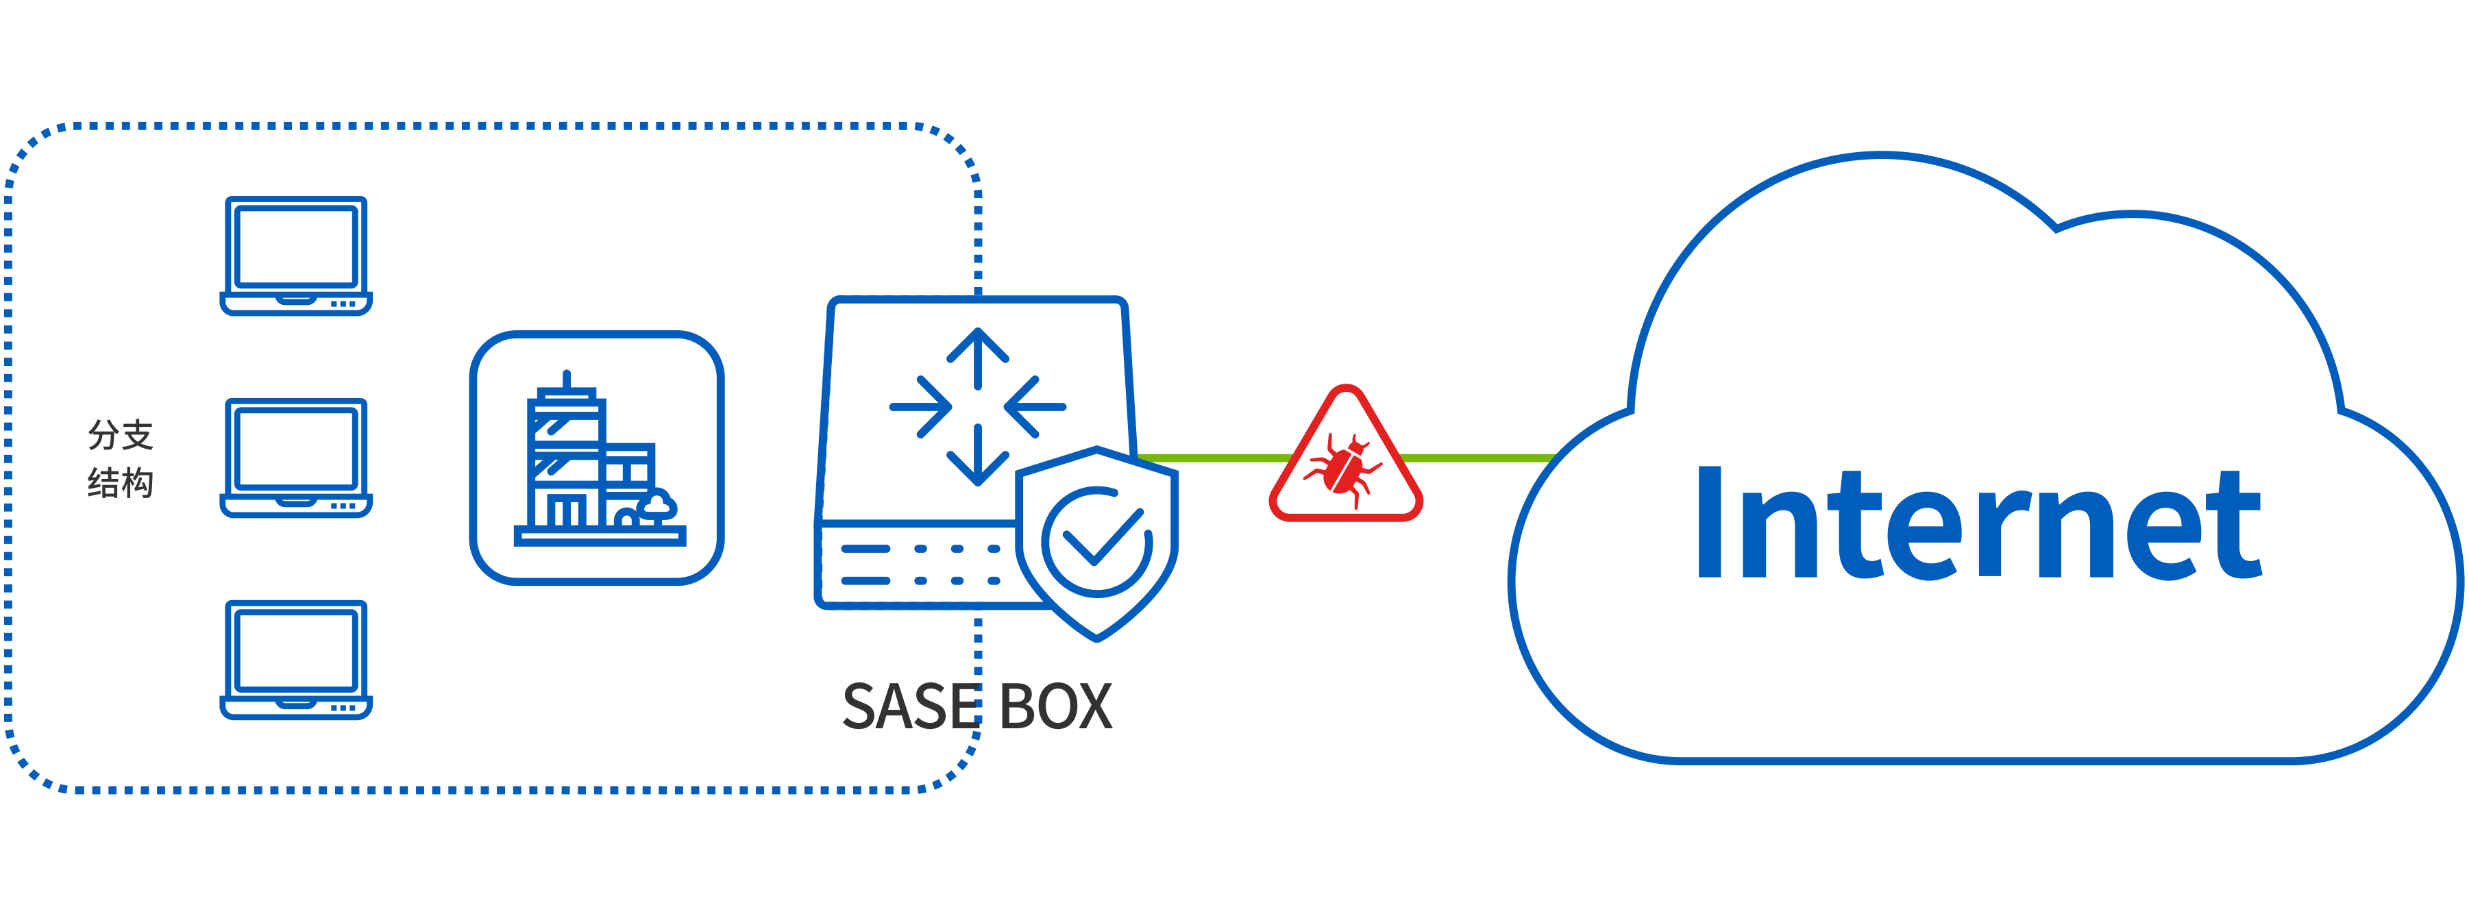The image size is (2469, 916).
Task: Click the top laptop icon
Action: (x=296, y=255)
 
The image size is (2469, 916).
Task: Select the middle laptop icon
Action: (x=296, y=457)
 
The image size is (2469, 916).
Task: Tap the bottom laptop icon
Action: (x=296, y=659)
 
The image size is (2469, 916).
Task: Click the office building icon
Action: (x=596, y=458)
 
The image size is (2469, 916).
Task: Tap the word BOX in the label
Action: (x=1055, y=707)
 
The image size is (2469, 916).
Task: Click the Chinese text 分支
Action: (x=121, y=435)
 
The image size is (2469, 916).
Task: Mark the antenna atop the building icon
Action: (x=567, y=380)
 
